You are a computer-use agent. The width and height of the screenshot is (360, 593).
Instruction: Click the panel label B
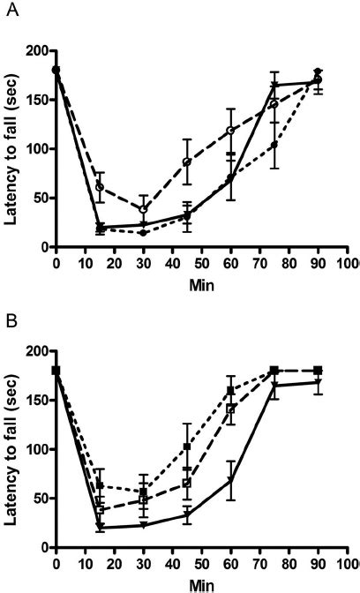pyautogui.click(x=8, y=312)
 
